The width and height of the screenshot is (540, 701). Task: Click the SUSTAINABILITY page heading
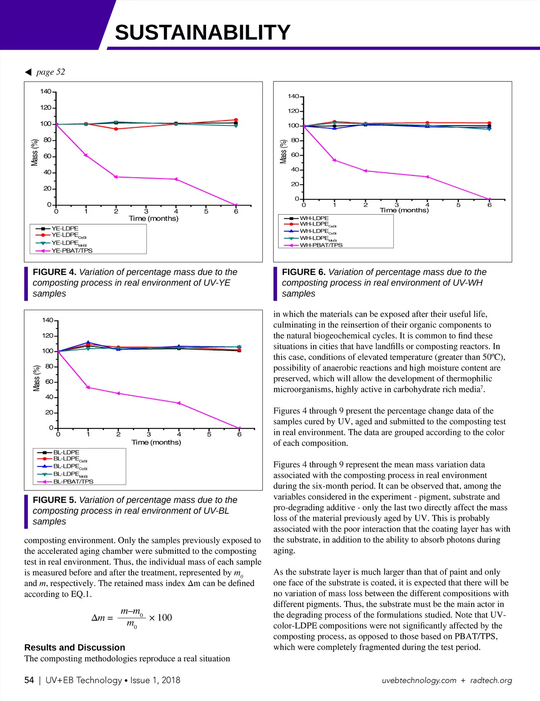[x=202, y=33]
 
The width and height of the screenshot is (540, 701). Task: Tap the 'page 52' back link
[x=50, y=72]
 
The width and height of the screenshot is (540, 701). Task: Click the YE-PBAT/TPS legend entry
[x=72, y=251]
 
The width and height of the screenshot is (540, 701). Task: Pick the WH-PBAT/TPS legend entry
[x=321, y=245]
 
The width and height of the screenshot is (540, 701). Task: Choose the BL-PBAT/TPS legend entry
[x=73, y=481]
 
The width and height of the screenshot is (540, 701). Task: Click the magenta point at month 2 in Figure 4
[x=116, y=177]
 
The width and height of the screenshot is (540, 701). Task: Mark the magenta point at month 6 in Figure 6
[x=490, y=199]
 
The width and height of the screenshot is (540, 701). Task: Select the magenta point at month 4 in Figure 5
[x=179, y=403]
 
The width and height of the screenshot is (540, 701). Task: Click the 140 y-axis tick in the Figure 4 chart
[x=45, y=91]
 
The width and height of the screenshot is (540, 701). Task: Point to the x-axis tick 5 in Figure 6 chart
[x=459, y=205]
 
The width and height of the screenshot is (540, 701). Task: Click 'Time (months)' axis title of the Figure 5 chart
[x=156, y=443]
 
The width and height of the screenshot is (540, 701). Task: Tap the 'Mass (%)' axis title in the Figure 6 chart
[x=283, y=152]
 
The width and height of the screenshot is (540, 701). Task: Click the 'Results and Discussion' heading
[x=75, y=647]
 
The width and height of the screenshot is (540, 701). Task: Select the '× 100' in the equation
[x=161, y=618]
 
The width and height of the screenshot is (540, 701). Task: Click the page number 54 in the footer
[x=29, y=680]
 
